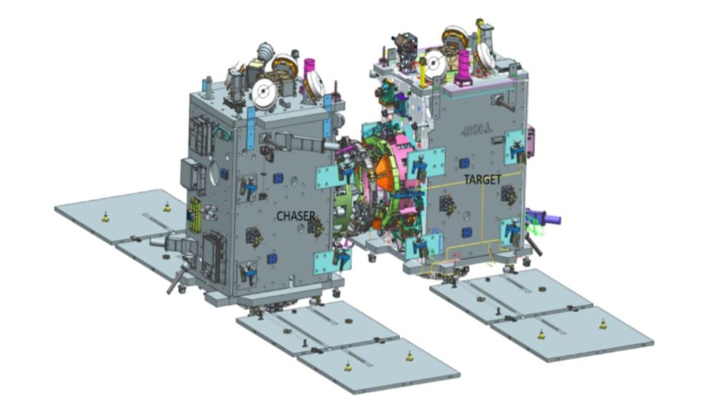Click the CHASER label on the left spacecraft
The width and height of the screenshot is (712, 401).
tap(296, 217)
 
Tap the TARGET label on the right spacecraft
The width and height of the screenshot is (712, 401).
tap(483, 180)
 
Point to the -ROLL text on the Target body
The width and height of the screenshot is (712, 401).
tap(476, 129)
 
